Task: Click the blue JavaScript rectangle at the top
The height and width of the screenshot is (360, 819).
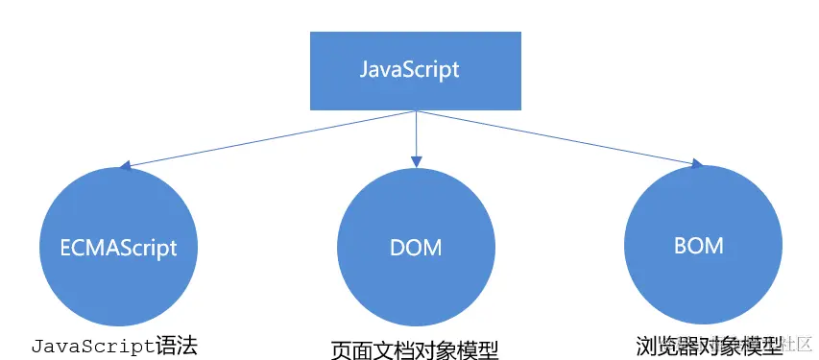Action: pyautogui.click(x=415, y=70)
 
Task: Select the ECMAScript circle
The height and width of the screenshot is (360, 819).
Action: pyautogui.click(x=112, y=246)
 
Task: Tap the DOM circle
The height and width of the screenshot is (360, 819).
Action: pyautogui.click(x=416, y=247)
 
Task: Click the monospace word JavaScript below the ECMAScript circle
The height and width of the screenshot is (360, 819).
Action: pyautogui.click(x=93, y=345)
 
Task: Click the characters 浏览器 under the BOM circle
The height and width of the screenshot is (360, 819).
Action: pyautogui.click(x=663, y=344)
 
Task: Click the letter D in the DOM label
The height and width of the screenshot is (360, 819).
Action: pyautogui.click(x=397, y=247)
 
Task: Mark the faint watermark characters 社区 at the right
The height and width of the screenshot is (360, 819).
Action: pyautogui.click(x=799, y=344)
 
